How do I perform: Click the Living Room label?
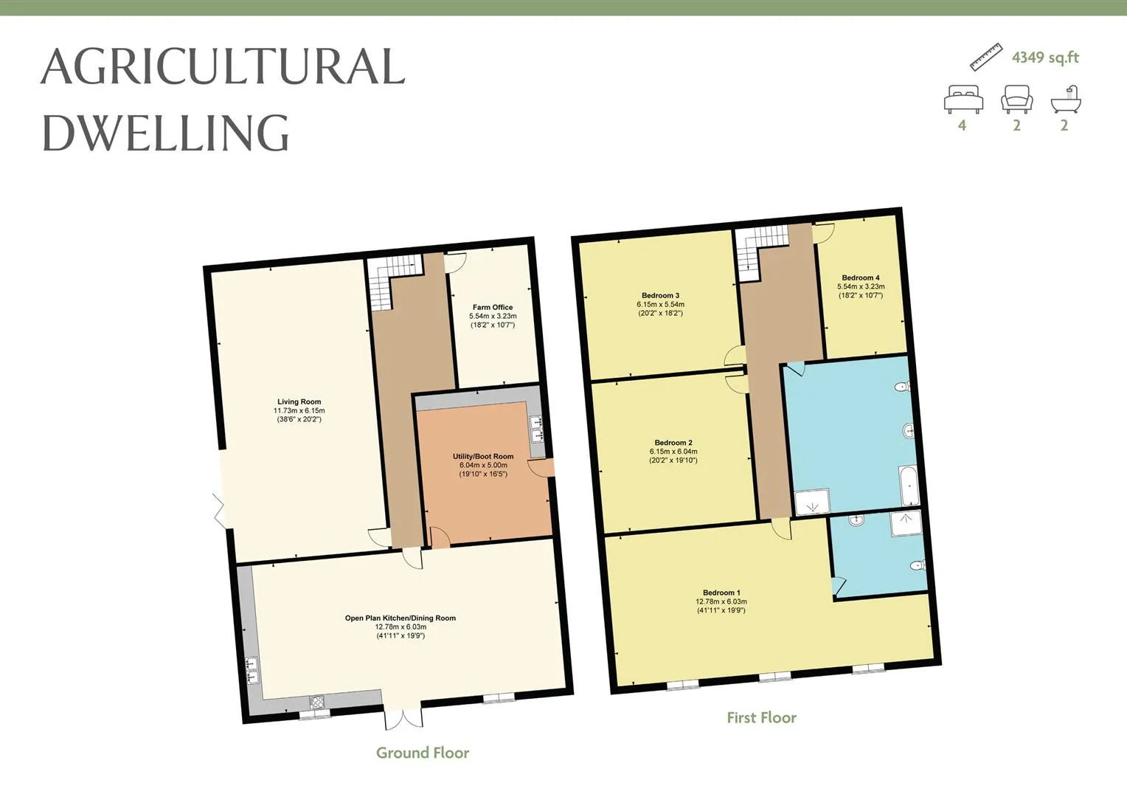pos(299,401)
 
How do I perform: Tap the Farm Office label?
pos(493,307)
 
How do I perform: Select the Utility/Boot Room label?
pos(483,457)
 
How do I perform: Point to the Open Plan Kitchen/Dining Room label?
pos(400,618)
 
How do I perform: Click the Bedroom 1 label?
pos(721,593)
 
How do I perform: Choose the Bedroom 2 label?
pos(673,443)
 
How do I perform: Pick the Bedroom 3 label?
pos(661,295)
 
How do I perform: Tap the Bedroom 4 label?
pos(861,277)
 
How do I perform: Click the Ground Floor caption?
pos(423,753)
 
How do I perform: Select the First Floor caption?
pos(762,717)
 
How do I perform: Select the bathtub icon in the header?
pos(1066,99)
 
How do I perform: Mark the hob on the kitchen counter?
pos(316,702)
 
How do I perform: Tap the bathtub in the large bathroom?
pos(909,486)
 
